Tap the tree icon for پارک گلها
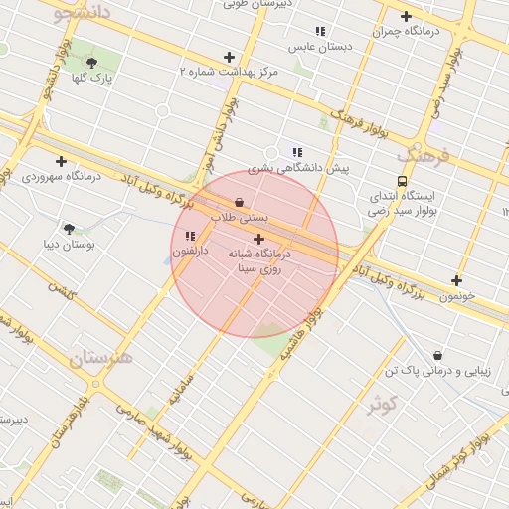tap(92, 62)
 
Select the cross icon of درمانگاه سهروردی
tap(62, 160)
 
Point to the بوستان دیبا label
tap(70, 243)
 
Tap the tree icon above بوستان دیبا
tap(69, 228)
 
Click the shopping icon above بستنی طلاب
tap(239, 201)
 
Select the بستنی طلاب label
tap(240, 216)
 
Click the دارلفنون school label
tap(190, 253)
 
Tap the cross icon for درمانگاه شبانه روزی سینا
tap(259, 239)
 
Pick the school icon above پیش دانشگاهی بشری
tap(297, 151)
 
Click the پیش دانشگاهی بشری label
tap(299, 168)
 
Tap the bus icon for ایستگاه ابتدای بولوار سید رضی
tap(402, 181)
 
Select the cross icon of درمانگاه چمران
tap(406, 16)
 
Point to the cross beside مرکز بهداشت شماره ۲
tap(229, 57)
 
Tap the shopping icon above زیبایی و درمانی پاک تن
tap(437, 355)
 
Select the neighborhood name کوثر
tap(382, 405)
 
